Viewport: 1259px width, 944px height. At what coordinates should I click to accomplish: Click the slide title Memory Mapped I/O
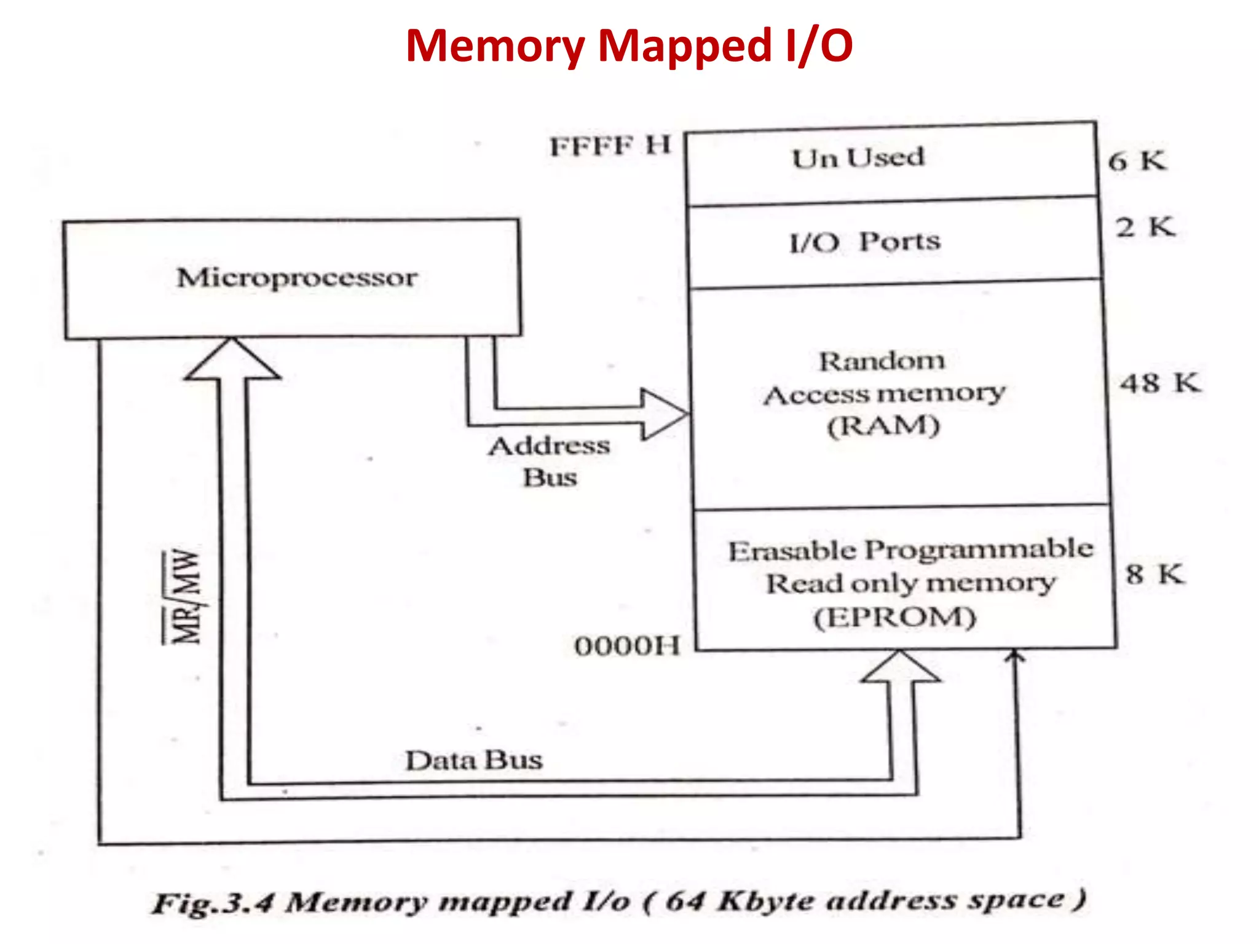(629, 46)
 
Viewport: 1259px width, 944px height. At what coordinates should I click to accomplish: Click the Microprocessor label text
(297, 278)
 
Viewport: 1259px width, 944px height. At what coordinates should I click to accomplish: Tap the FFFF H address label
(610, 146)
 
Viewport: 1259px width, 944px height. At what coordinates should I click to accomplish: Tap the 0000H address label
(627, 646)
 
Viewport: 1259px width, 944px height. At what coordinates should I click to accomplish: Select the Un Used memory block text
(858, 158)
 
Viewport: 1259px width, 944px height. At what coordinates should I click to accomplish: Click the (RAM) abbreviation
(883, 426)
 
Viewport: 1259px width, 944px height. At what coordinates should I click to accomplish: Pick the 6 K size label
(1136, 161)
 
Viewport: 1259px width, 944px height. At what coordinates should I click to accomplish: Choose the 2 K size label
(1145, 227)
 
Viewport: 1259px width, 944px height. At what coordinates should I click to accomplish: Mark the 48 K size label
(1159, 383)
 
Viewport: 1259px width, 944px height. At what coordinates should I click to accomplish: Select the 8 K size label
(1154, 574)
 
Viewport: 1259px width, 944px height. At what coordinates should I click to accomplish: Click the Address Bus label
(550, 461)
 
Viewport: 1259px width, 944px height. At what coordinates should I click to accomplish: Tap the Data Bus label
(474, 760)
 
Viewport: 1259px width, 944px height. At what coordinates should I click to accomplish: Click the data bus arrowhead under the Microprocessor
(232, 360)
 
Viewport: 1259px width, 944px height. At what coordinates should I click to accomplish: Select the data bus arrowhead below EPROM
(900, 668)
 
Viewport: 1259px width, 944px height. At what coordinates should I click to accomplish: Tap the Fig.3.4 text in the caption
(212, 903)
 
